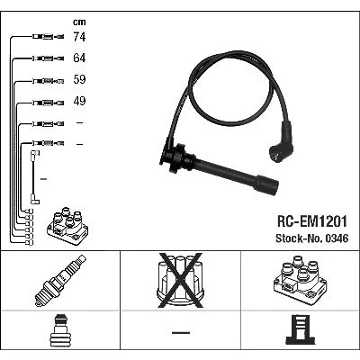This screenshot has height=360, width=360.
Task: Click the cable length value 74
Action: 79,37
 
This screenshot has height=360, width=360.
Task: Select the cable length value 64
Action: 79,58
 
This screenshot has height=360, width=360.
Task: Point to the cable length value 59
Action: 79,79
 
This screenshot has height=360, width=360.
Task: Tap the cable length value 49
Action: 79,101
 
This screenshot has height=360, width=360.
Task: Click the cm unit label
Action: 79,22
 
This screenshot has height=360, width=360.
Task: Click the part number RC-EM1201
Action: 312,221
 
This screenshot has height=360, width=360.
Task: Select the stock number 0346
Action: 337,238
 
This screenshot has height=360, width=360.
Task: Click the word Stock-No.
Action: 300,238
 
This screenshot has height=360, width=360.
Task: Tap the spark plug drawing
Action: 60,281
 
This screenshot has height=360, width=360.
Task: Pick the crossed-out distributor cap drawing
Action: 180,281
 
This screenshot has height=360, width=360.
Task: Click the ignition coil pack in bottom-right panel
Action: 300,280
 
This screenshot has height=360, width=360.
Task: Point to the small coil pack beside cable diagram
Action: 67,225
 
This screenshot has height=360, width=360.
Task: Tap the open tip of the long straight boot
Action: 272,187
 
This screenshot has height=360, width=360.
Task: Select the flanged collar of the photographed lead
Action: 175,157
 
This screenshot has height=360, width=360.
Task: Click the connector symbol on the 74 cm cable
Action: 48,37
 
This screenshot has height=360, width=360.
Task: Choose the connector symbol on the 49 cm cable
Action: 48,103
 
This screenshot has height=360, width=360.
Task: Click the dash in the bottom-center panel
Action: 181,332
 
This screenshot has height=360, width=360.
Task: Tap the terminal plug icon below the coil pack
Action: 301,329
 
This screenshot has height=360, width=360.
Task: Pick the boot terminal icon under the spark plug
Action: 60,330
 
